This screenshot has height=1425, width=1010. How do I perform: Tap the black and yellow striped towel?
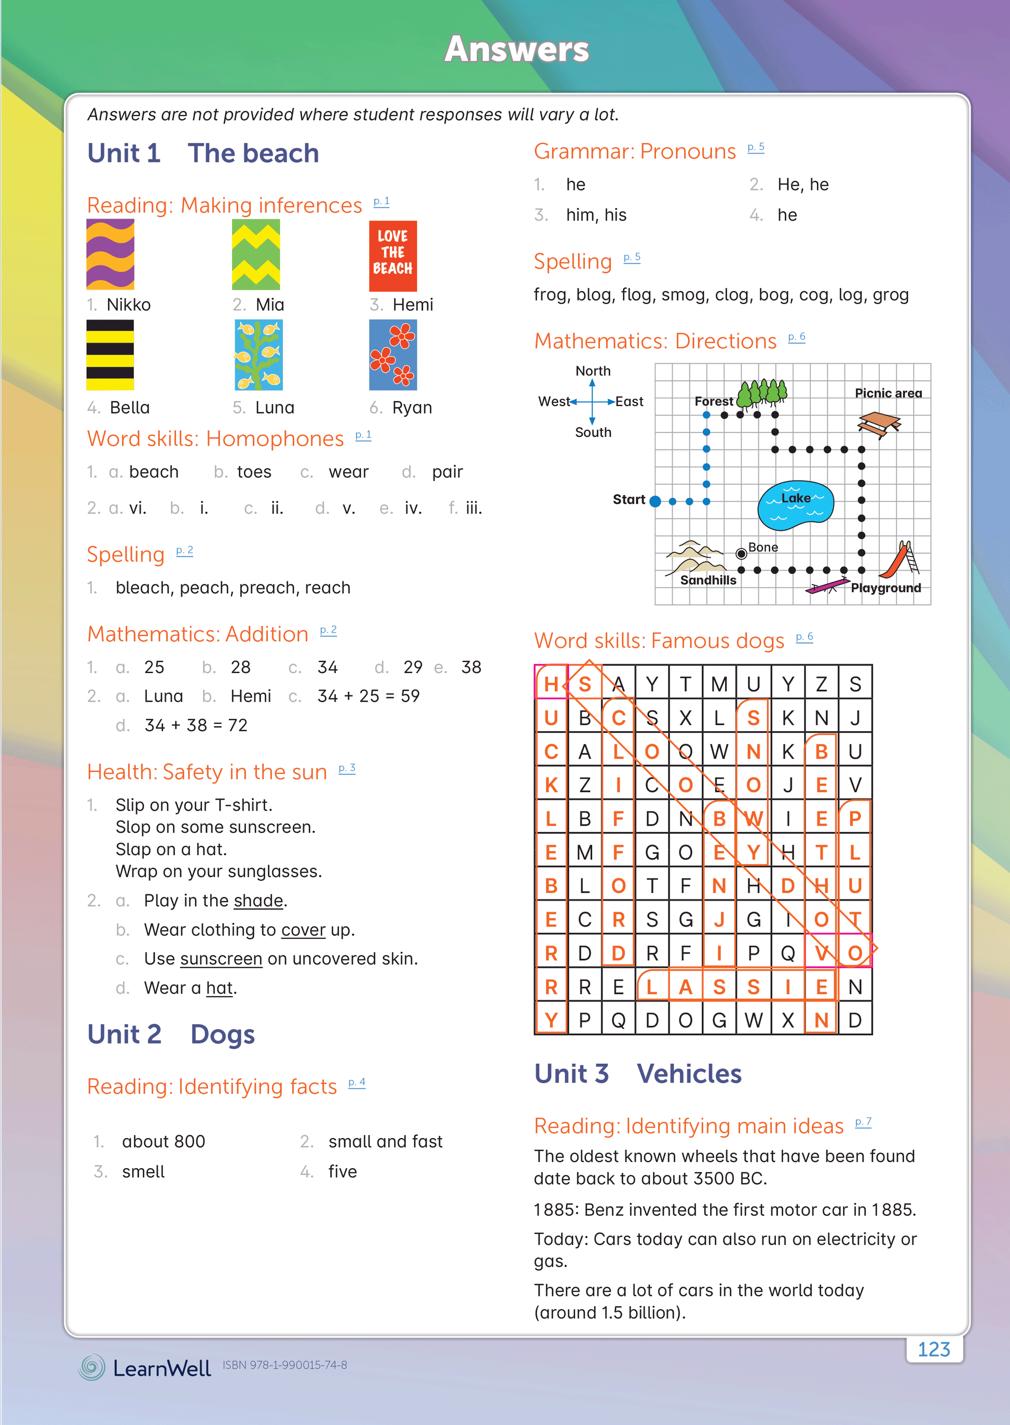click(110, 354)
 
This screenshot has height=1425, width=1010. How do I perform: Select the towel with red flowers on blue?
click(392, 354)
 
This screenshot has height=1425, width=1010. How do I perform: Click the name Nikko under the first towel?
click(128, 305)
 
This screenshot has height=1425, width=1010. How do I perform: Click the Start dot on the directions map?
click(655, 501)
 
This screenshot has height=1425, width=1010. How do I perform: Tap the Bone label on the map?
click(762, 547)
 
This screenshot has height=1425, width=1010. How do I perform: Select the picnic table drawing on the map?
click(878, 424)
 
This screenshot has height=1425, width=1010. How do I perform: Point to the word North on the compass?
click(593, 371)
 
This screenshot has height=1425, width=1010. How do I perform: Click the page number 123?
click(934, 1349)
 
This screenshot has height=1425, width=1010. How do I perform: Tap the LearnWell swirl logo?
click(91, 1367)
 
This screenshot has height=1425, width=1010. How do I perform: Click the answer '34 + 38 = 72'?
click(196, 725)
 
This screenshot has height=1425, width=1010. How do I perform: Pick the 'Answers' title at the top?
click(516, 49)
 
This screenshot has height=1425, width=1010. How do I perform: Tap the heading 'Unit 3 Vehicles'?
click(637, 1074)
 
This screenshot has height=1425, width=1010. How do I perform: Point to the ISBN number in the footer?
click(285, 1365)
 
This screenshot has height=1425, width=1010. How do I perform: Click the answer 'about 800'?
click(163, 1142)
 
